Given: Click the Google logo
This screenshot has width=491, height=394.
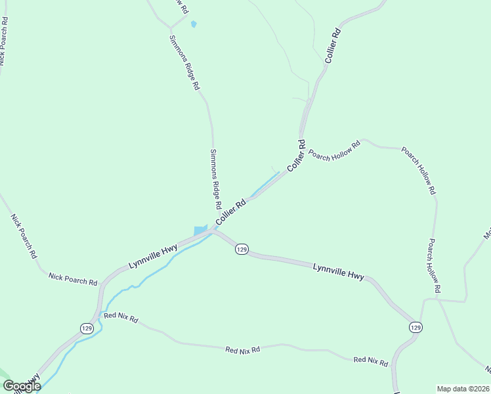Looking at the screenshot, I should (21, 386).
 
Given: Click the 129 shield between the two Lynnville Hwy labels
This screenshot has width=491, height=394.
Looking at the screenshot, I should (242, 250).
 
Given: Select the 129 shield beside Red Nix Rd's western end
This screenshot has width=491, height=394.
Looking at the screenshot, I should (87, 328).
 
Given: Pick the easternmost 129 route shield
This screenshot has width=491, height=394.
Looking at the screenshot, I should (415, 327).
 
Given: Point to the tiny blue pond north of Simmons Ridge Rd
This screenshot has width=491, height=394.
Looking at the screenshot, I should (193, 24).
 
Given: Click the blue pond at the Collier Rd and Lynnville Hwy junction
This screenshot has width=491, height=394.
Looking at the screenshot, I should (200, 230).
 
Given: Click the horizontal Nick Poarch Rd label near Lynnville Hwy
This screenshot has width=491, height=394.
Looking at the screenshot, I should (73, 278).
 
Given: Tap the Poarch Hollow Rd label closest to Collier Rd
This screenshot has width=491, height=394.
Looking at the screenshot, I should (335, 151).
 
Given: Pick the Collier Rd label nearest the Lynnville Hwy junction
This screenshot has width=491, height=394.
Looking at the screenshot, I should (230, 211).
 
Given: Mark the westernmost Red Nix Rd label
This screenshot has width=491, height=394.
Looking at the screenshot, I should (121, 317).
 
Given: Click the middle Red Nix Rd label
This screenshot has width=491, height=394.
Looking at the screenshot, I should (242, 350).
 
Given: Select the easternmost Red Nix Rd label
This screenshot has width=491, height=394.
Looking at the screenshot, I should (371, 360).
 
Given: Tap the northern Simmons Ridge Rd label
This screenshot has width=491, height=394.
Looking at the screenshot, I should (185, 62).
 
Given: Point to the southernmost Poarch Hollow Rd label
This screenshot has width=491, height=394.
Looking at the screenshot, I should (434, 265).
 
